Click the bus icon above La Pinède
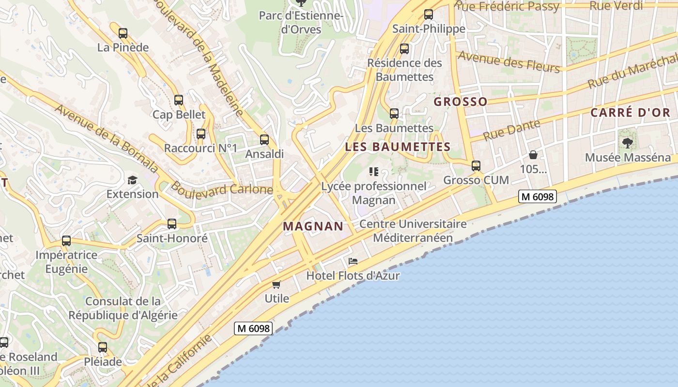coord(123,33)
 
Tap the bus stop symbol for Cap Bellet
coord(179,100)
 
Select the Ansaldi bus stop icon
coord(264,140)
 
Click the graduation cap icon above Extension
coord(132,180)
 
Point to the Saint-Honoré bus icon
coord(172,224)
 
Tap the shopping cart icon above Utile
coord(277,284)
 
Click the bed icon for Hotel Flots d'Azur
coord(353,261)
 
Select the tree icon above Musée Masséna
coord(627,143)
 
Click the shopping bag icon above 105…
coord(533,155)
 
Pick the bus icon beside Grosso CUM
coord(476,166)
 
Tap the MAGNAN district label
coord(313,226)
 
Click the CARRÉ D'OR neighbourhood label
coord(630,113)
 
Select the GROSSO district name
coord(460,102)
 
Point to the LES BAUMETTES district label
coord(398,147)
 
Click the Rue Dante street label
coord(512,130)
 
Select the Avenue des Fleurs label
coord(508,61)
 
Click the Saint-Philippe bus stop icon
coord(429,15)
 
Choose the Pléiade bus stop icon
coord(103,347)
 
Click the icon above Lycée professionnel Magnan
coord(373,172)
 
